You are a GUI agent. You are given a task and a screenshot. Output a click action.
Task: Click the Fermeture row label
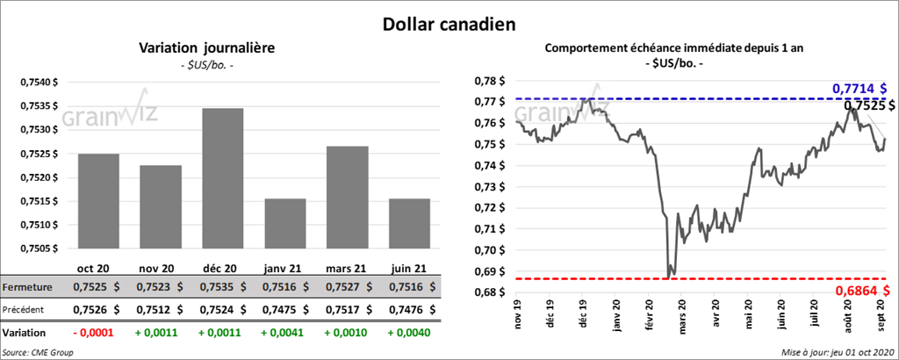[26, 286]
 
